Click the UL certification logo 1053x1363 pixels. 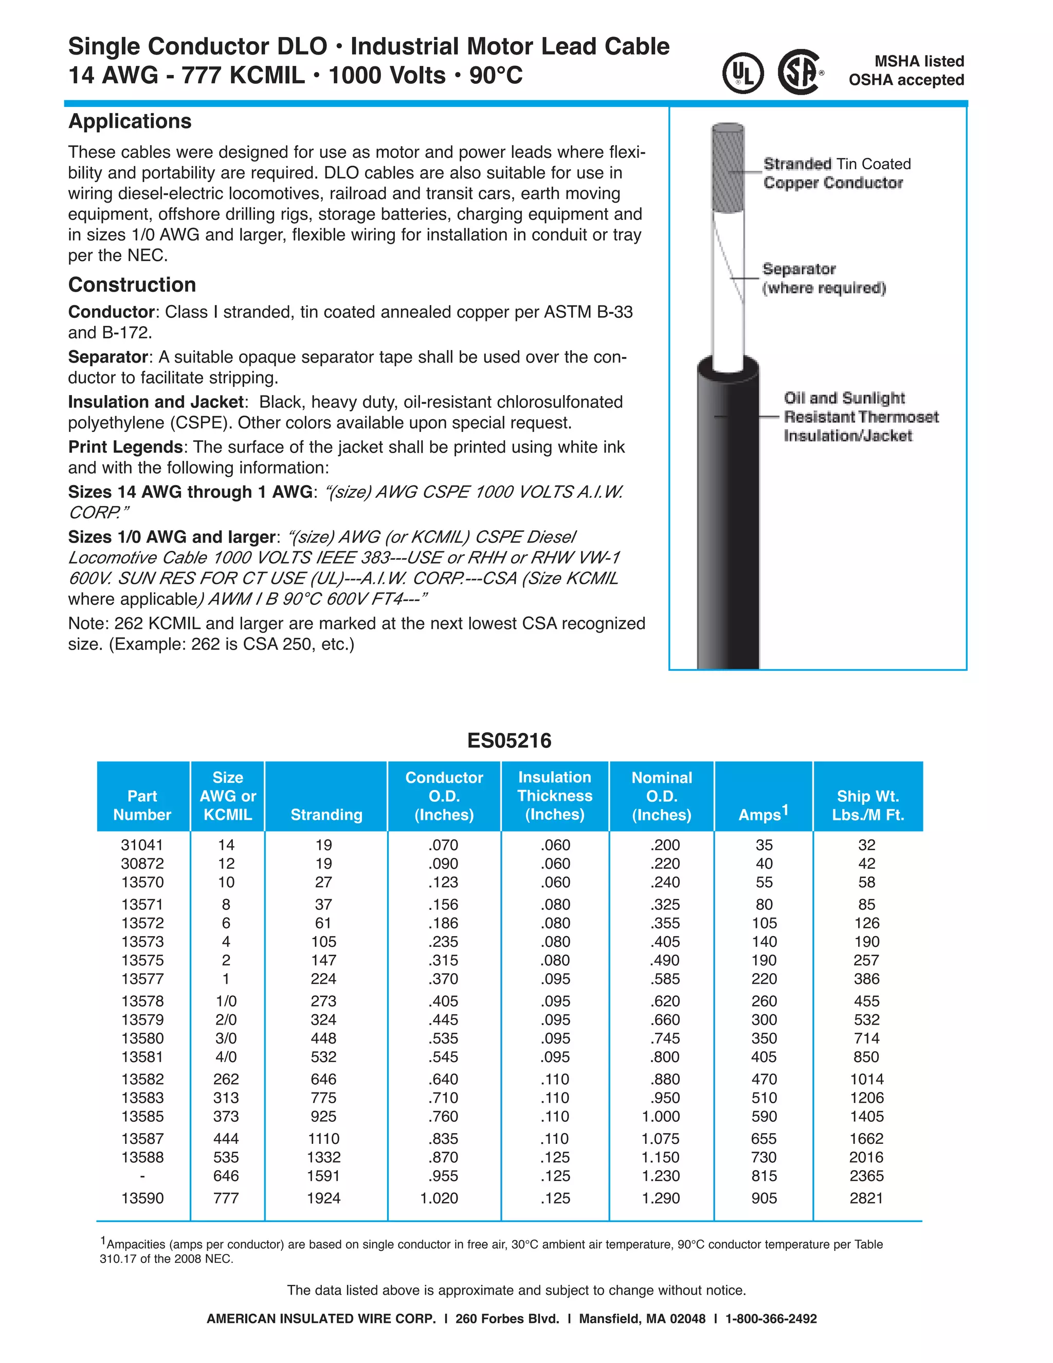[742, 73]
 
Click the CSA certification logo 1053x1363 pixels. [800, 73]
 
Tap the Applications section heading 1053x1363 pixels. [130, 121]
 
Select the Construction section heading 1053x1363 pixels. [132, 284]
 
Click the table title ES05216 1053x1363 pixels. [509, 740]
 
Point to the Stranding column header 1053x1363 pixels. [326, 814]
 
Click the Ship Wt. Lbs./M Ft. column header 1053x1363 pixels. [867, 805]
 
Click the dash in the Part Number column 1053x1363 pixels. [142, 1176]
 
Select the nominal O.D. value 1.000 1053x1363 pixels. [661, 1116]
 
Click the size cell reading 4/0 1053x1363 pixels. [226, 1056]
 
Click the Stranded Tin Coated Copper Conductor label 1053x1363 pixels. [837, 173]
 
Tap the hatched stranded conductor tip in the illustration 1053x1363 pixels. [728, 169]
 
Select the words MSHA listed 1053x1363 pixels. [919, 61]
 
